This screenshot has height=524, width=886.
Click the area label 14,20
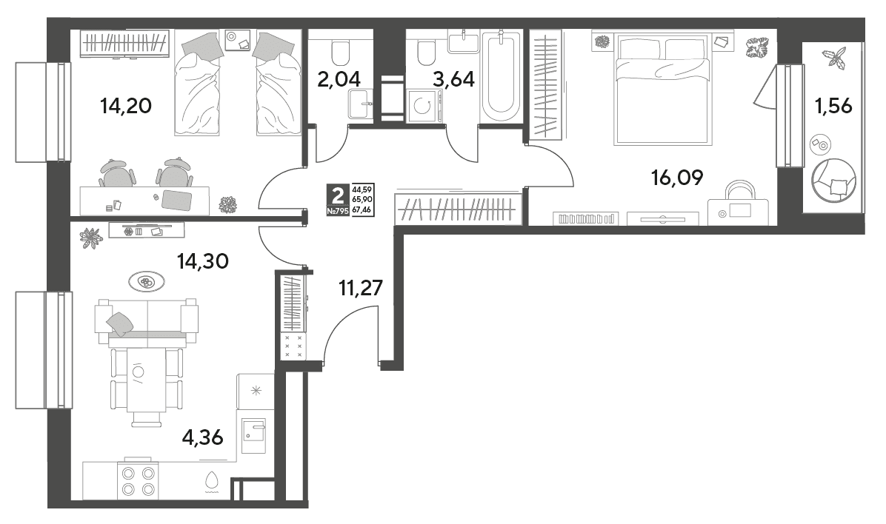click(125, 106)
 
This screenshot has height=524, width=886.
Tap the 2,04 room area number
click(339, 79)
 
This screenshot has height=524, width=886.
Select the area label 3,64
click(453, 79)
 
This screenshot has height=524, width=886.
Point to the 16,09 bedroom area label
click(677, 178)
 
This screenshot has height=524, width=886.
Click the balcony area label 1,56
click(833, 106)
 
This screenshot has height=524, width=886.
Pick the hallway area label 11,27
click(361, 289)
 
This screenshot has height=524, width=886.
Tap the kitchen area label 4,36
click(202, 437)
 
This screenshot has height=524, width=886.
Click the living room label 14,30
click(202, 261)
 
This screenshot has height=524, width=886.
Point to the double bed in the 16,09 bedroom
click(663, 88)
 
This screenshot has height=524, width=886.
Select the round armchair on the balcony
click(833, 180)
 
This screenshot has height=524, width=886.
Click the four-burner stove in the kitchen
click(138, 480)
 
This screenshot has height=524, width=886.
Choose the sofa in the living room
click(147, 323)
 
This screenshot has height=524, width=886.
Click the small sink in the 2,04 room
click(359, 104)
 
